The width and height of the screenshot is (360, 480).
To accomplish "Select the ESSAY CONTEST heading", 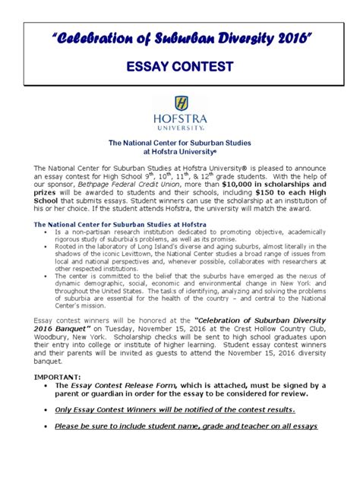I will (179, 68).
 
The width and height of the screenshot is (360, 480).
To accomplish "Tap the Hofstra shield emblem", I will (180, 105).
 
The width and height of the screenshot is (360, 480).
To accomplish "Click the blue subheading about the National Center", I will (118, 224).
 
